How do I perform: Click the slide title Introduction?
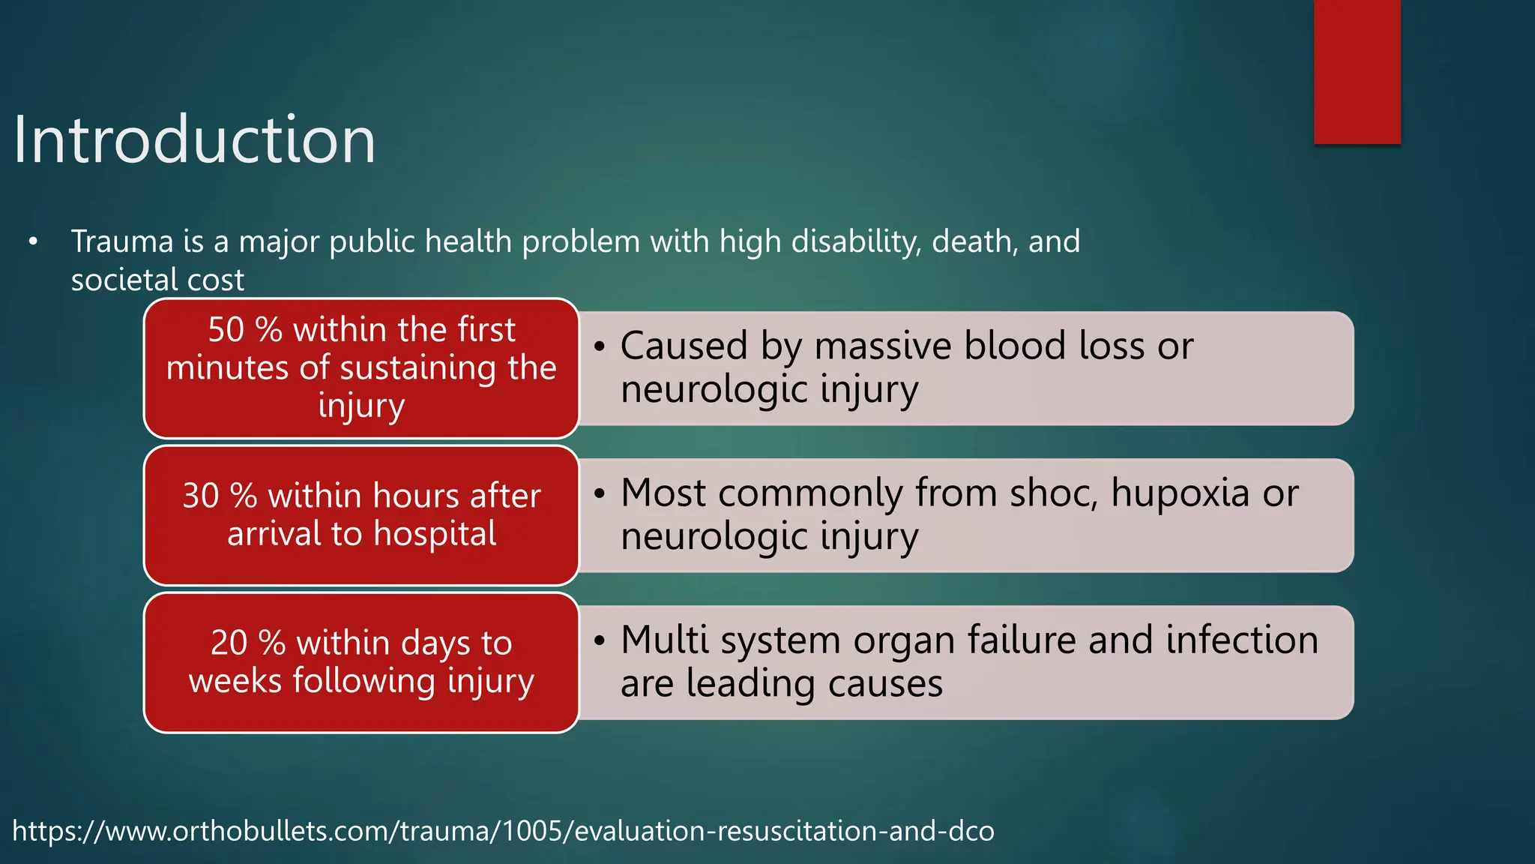(x=194, y=140)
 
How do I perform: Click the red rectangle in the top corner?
(x=1357, y=71)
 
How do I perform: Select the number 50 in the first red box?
(x=226, y=330)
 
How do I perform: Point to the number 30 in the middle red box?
(x=200, y=496)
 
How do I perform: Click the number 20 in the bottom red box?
(x=229, y=643)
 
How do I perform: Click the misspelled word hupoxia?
(x=1180, y=494)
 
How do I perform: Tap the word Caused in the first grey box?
(x=684, y=346)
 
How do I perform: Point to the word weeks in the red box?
(x=235, y=681)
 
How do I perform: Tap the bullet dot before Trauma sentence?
(x=33, y=242)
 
